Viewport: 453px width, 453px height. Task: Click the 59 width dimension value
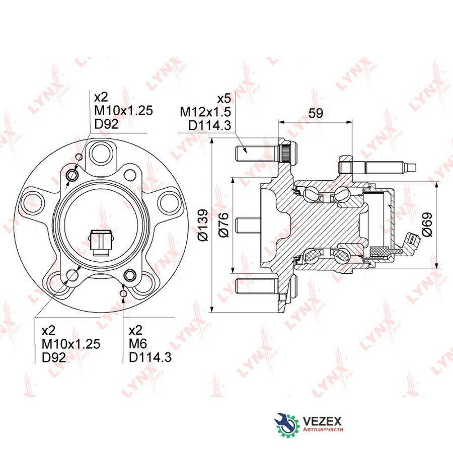pyautogui.click(x=316, y=113)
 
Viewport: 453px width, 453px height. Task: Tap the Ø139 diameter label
pyautogui.click(x=203, y=225)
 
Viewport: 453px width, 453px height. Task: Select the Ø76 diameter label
pyautogui.click(x=223, y=225)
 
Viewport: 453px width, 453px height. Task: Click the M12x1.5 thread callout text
pyautogui.click(x=205, y=112)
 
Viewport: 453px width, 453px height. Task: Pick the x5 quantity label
pyautogui.click(x=224, y=99)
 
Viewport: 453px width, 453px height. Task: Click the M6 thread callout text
pyautogui.click(x=138, y=343)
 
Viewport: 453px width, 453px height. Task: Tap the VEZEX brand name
pyautogui.click(x=322, y=421)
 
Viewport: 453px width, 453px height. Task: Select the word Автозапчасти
pyautogui.click(x=323, y=430)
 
